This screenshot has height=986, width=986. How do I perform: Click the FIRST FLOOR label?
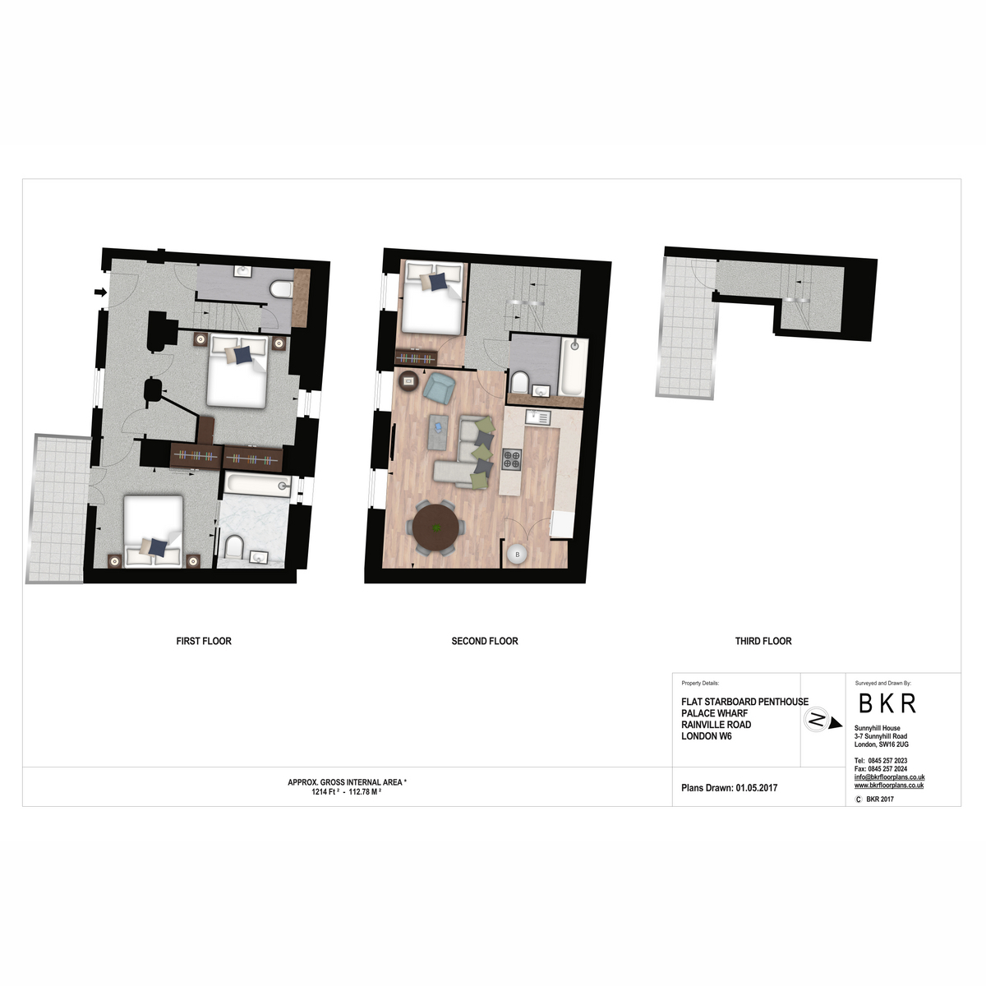pyautogui.click(x=204, y=641)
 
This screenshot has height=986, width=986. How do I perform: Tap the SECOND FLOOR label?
pyautogui.click(x=485, y=641)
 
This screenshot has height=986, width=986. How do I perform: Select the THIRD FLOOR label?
pyautogui.click(x=763, y=641)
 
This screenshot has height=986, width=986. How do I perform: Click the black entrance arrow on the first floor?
pyautogui.click(x=101, y=293)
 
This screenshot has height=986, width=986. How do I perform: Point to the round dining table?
pyautogui.click(x=436, y=528)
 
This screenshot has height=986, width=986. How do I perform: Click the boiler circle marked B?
pyautogui.click(x=518, y=555)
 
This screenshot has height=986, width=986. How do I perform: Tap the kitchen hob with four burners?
pyautogui.click(x=511, y=459)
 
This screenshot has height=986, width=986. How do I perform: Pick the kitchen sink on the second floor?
pyautogui.click(x=537, y=417)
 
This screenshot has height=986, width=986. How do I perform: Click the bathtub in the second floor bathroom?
pyautogui.click(x=572, y=367)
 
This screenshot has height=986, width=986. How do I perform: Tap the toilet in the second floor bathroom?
pyautogui.click(x=520, y=383)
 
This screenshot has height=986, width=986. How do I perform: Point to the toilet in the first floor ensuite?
pyautogui.click(x=234, y=547)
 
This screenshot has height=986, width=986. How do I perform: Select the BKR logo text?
pyautogui.click(x=887, y=703)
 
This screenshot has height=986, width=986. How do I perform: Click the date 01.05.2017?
pyautogui.click(x=756, y=788)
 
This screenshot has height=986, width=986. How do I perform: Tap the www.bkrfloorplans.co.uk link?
pyautogui.click(x=889, y=786)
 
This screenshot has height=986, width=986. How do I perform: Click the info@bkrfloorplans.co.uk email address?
pyautogui.click(x=889, y=777)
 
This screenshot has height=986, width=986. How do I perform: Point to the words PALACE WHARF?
pyautogui.click(x=714, y=713)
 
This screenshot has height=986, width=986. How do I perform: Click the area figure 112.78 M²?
pyautogui.click(x=365, y=792)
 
